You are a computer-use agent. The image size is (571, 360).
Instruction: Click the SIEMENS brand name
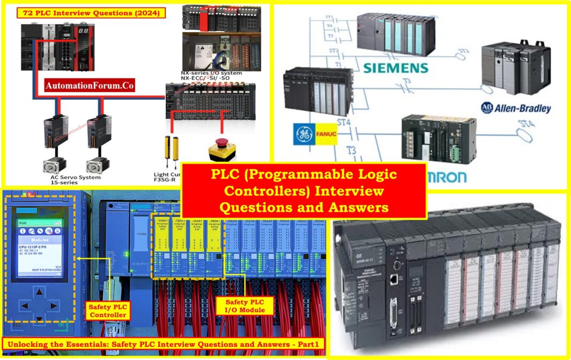point(396,68)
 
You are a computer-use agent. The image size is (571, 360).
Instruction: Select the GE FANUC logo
point(315,134)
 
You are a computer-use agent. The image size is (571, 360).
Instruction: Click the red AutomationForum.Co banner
point(89,85)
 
